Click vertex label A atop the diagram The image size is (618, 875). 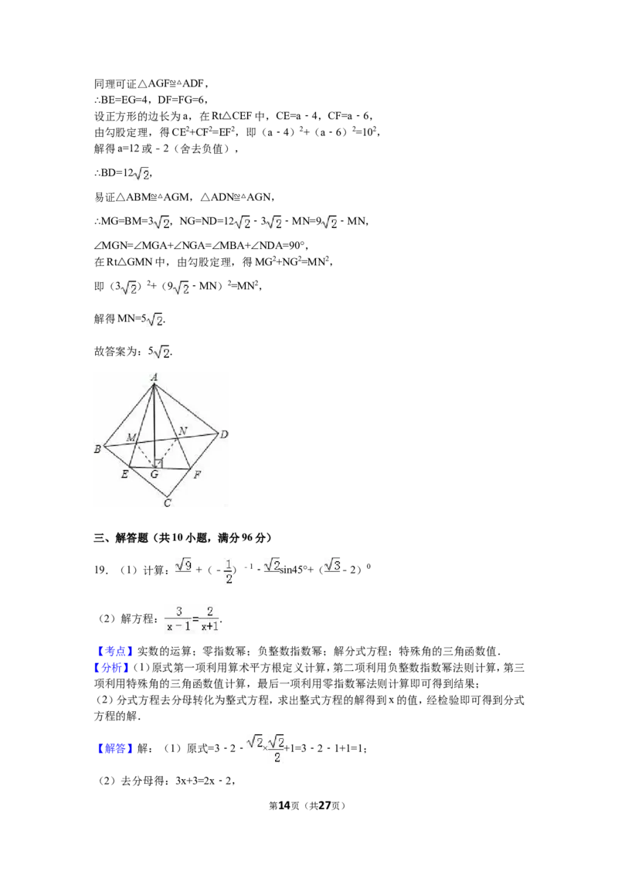[x=154, y=377]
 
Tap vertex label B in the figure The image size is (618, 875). [x=97, y=448]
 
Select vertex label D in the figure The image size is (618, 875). [x=224, y=434]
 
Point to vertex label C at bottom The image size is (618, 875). [x=168, y=502]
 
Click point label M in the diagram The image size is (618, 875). [x=131, y=438]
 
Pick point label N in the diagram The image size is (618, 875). [x=182, y=431]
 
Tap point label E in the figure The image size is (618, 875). [x=124, y=474]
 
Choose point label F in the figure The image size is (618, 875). [x=197, y=475]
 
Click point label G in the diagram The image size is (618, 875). [x=154, y=475]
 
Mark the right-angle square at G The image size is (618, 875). [x=158, y=463]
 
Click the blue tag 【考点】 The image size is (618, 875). [x=114, y=652]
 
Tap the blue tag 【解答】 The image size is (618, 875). [x=114, y=748]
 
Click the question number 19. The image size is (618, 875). [x=100, y=570]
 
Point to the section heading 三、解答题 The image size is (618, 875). [x=121, y=538]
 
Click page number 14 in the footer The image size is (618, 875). [x=284, y=805]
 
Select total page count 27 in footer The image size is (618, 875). [x=324, y=805]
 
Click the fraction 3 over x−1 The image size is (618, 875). [x=178, y=619]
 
